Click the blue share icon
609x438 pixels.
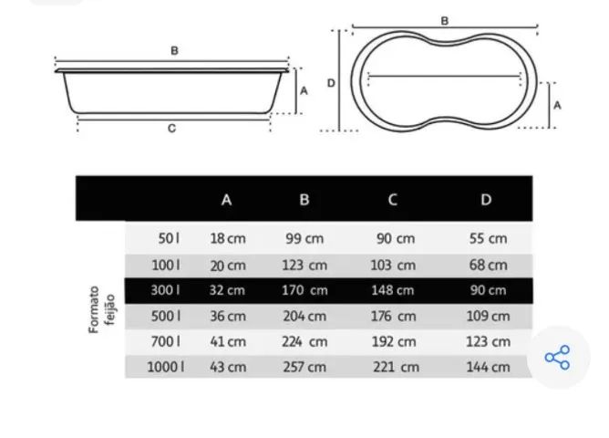(557, 357)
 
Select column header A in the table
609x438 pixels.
(226, 200)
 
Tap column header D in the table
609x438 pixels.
(486, 199)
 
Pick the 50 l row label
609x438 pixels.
(169, 238)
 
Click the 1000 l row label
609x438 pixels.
(166, 367)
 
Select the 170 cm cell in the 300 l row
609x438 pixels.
(304, 290)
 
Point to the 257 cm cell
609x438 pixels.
(304, 367)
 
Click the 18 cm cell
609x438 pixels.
(228, 238)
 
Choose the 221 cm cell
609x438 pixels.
(397, 367)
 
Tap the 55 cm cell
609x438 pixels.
(489, 238)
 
